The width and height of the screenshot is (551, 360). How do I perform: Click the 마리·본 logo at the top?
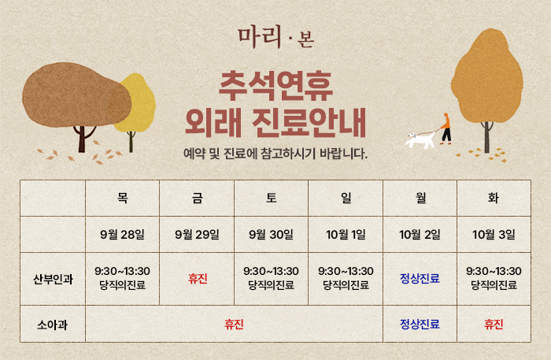point(275,37)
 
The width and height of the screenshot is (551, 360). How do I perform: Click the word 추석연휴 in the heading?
point(275,87)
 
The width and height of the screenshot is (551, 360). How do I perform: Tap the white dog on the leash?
point(420,140)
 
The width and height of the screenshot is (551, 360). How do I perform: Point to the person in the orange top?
point(446,128)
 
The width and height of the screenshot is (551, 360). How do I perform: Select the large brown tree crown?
point(76,95)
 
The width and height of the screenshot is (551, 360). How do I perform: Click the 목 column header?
point(122,198)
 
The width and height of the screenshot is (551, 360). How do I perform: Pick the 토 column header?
point(272,198)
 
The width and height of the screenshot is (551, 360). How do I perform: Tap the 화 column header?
point(494,198)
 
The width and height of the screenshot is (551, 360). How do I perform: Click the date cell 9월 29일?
point(197,235)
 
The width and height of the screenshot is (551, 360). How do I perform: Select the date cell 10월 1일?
point(346,235)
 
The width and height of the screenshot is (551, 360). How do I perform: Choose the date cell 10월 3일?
point(494,235)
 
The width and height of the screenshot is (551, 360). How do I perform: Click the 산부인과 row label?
point(53,279)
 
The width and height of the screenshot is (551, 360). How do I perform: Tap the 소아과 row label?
point(53,325)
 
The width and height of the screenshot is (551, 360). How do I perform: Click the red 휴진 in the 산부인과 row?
point(198,279)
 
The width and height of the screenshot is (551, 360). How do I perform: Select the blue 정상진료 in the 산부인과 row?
point(420,279)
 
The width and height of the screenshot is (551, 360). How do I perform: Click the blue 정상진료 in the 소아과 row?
point(420,324)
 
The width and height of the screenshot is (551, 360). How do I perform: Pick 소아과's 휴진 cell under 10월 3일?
point(494,324)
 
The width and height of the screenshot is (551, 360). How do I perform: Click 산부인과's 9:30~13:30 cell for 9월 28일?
point(122,278)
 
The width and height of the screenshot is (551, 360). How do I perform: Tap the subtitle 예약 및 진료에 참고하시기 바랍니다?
point(275,154)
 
